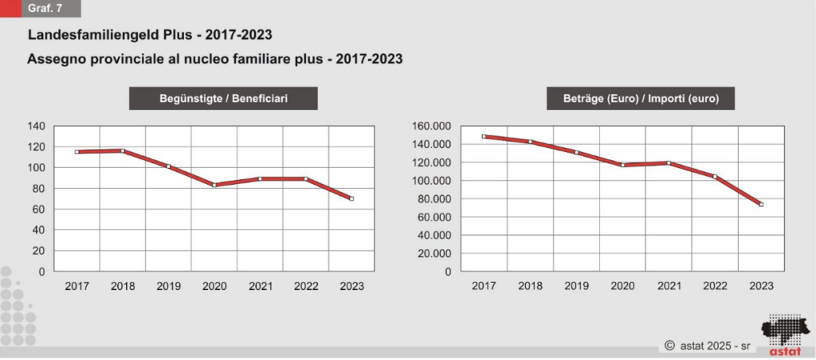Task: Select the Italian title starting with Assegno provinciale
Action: (214, 59)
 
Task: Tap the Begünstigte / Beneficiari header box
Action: (223, 99)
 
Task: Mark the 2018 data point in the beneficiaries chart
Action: (123, 151)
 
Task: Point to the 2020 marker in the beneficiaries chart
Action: (214, 185)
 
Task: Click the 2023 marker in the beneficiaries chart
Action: (351, 198)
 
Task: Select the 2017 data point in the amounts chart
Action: (484, 136)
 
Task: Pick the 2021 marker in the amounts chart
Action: (669, 162)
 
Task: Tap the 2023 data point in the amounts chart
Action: (762, 205)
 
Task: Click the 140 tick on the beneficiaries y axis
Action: (37, 126)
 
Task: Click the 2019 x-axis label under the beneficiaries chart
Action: (168, 287)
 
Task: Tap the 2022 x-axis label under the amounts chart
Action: (715, 287)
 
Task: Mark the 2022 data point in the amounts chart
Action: (715, 177)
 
